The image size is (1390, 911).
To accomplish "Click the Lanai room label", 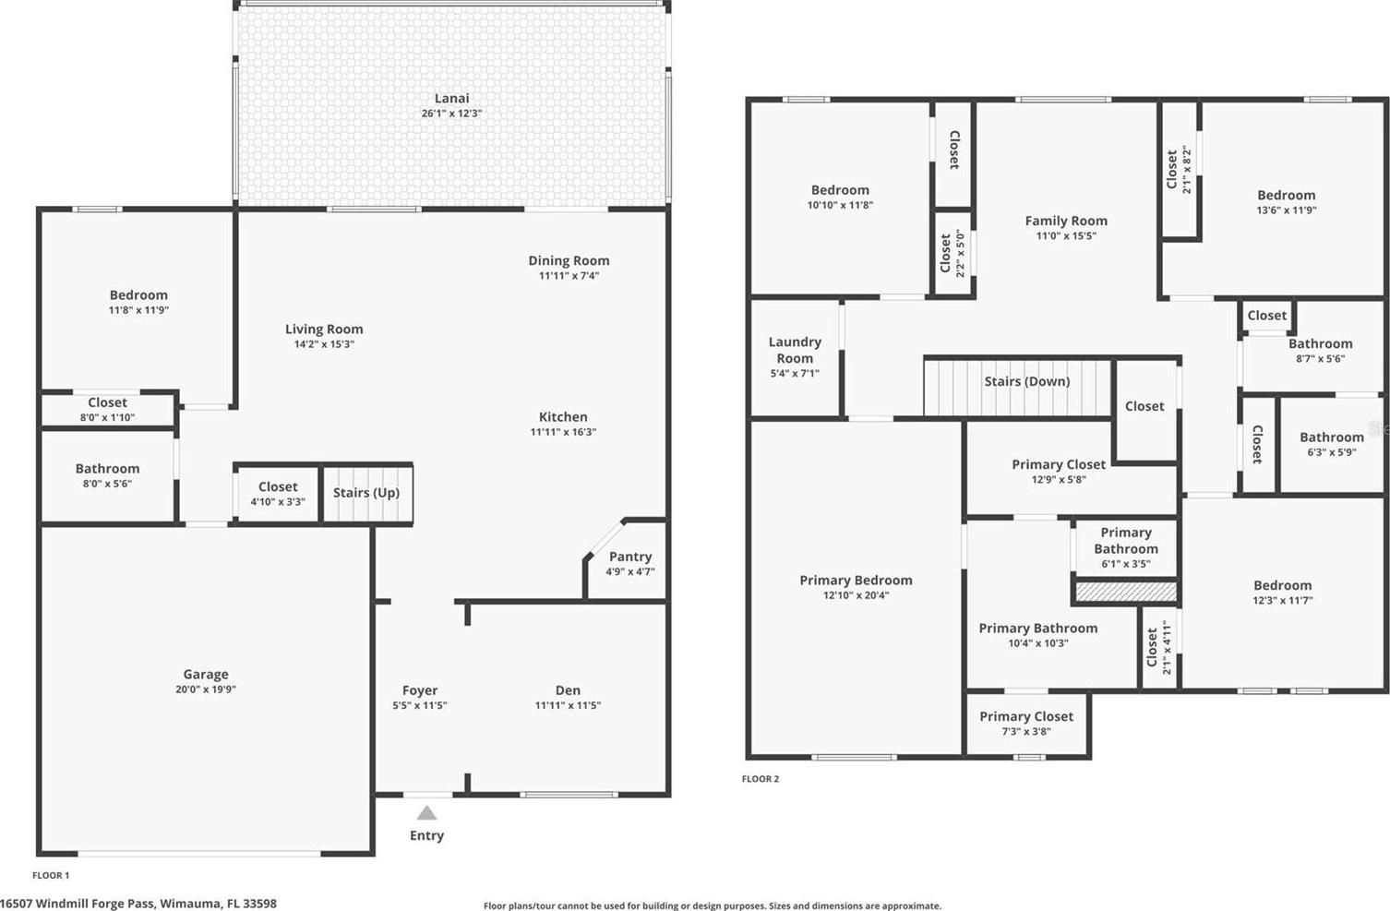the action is [x=451, y=98].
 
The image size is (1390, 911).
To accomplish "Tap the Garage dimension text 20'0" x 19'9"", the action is [x=206, y=689].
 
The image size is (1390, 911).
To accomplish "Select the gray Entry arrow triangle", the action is [x=426, y=812].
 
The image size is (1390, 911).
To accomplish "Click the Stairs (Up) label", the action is [x=366, y=492].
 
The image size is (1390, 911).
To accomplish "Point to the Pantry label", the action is [x=630, y=557].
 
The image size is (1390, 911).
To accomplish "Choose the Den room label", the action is [x=568, y=690].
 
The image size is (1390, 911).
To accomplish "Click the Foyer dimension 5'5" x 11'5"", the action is [x=419, y=705].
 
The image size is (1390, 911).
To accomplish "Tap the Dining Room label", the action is [x=569, y=260].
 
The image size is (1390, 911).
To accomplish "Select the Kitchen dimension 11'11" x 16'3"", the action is [x=563, y=432].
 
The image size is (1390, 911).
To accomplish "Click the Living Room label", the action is [x=324, y=329].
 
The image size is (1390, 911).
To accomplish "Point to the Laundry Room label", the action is [x=795, y=350].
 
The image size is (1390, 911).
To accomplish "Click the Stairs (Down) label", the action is [x=1027, y=381].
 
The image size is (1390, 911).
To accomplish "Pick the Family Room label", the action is [x=1066, y=221].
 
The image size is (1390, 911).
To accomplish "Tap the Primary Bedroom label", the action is [x=856, y=581].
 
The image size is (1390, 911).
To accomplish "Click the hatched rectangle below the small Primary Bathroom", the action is [x=1126, y=592].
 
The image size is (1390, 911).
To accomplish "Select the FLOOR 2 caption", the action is [x=761, y=779].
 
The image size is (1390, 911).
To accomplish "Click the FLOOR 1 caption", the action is [x=51, y=875].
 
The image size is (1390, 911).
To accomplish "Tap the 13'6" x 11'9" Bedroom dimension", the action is [x=1287, y=210].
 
